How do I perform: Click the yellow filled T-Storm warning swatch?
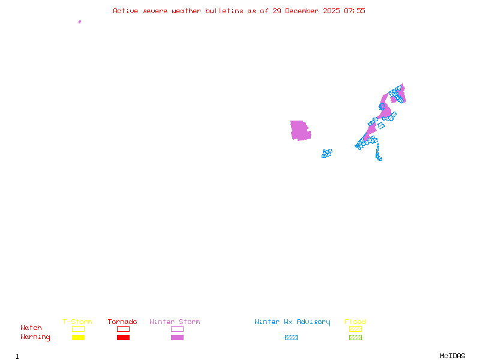(78, 338)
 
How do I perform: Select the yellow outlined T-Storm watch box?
(78, 329)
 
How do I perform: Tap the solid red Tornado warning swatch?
(123, 338)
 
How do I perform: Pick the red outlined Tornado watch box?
(123, 329)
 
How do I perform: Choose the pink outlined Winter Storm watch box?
(177, 329)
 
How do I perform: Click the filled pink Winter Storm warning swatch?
(177, 338)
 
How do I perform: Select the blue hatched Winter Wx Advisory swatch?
(291, 338)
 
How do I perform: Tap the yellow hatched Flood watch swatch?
(355, 329)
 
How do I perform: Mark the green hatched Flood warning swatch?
(355, 338)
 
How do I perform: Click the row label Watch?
(31, 328)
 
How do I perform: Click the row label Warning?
(35, 337)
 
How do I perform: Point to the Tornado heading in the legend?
(122, 322)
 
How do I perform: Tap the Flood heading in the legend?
(355, 322)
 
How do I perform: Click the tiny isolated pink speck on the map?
(79, 22)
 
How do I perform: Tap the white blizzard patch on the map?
(310, 127)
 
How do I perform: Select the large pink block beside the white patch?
(299, 130)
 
